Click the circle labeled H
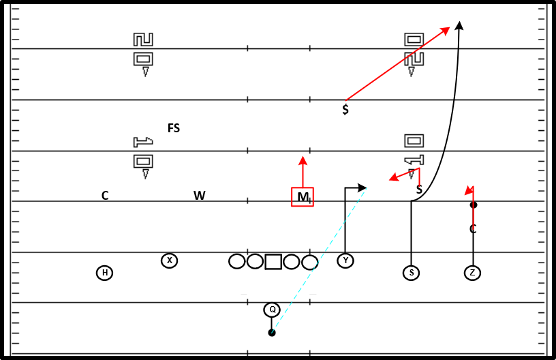(x=105, y=273)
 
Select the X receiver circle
(x=170, y=260)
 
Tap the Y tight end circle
(x=345, y=260)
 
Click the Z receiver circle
(x=472, y=273)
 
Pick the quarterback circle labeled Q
(x=272, y=310)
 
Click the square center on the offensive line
(x=273, y=262)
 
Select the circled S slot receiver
(x=412, y=273)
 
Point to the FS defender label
(x=174, y=128)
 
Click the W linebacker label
(x=199, y=196)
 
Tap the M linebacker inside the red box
(x=303, y=197)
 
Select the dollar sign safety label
(x=345, y=109)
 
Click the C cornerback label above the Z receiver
(x=473, y=229)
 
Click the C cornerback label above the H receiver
(x=105, y=196)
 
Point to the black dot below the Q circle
(x=272, y=333)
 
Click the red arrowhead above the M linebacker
(x=303, y=161)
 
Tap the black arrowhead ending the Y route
(x=362, y=187)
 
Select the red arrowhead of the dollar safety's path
(x=445, y=31)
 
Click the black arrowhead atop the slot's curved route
(x=459, y=25)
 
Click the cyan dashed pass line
(x=319, y=260)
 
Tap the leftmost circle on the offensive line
(x=237, y=262)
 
